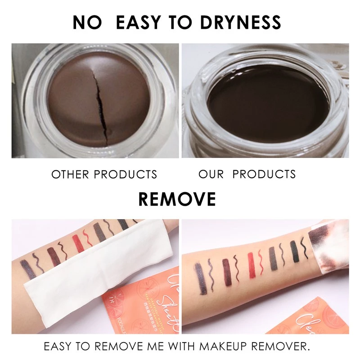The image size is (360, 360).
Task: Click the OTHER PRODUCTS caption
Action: click(x=104, y=174)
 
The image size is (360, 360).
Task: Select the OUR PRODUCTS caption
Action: click(x=247, y=174)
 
